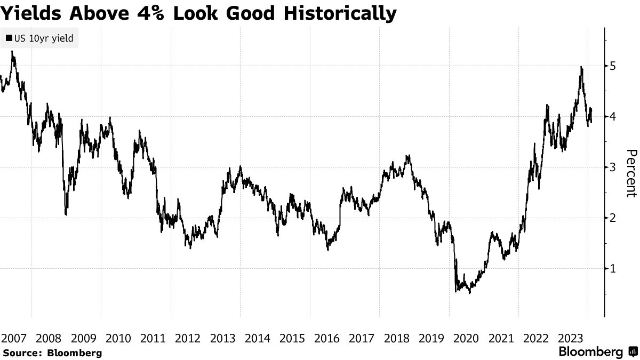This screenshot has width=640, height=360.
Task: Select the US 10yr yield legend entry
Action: [x=39, y=38]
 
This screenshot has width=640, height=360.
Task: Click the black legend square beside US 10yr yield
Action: [x=9, y=38]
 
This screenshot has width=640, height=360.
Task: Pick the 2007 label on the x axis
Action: [x=14, y=338]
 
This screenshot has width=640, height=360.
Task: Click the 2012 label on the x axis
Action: [x=188, y=338]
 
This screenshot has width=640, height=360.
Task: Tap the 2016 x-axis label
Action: [x=327, y=338]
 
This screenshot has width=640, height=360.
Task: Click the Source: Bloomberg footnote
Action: [x=52, y=353]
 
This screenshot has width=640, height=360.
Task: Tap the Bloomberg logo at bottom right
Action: [x=597, y=352]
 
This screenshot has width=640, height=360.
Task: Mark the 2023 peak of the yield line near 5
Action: [x=581, y=67]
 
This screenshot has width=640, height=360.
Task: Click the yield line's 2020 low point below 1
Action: [x=469, y=292]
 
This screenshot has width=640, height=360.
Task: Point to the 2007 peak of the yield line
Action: [x=12, y=52]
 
